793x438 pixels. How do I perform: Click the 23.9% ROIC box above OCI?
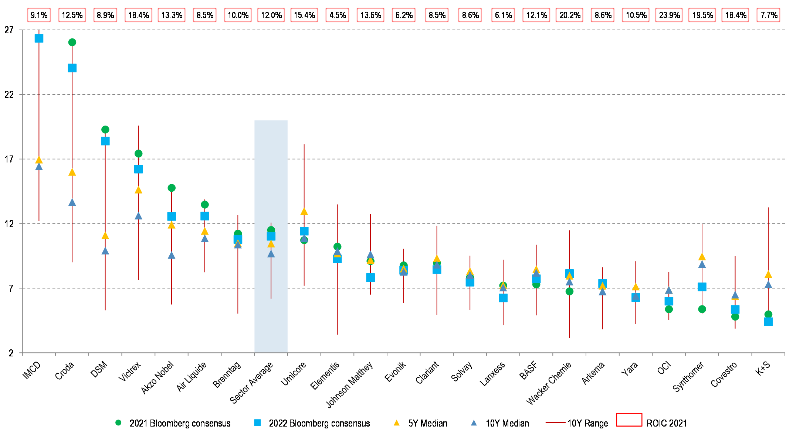click(x=669, y=15)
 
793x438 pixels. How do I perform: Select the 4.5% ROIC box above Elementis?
click(x=338, y=15)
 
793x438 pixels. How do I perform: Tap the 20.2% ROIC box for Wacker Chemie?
click(x=570, y=15)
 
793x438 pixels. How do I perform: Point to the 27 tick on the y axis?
click(x=9, y=30)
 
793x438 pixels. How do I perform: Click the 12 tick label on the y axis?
click(x=9, y=224)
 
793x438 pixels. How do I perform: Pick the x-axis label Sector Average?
click(x=251, y=383)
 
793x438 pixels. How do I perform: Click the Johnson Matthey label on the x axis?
click(x=349, y=384)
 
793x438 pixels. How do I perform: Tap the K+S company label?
click(x=763, y=369)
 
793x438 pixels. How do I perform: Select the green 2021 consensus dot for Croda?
click(x=72, y=42)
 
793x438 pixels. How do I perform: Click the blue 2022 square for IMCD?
click(x=39, y=38)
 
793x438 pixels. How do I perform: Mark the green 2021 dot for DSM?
click(x=105, y=130)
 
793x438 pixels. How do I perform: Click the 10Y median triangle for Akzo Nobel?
click(x=172, y=256)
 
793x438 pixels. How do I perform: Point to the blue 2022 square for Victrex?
click(x=138, y=169)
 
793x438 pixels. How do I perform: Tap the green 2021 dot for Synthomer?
click(x=702, y=309)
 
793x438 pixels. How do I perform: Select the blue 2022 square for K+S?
click(x=768, y=322)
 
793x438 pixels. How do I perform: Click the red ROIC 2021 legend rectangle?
click(x=629, y=420)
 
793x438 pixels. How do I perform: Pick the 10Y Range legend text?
click(x=587, y=423)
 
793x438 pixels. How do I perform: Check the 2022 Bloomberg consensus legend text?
click(x=319, y=423)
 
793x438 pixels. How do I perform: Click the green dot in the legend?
click(x=118, y=423)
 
